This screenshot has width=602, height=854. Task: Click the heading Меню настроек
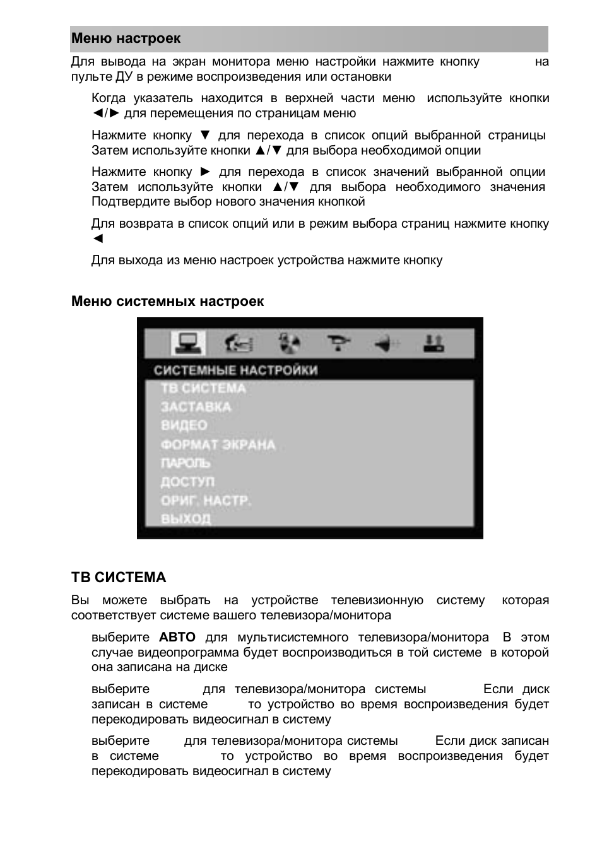(x=126, y=38)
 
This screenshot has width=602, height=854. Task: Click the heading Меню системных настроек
(x=167, y=301)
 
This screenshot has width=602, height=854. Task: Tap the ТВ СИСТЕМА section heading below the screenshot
(x=119, y=578)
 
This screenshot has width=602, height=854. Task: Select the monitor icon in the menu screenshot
(x=187, y=344)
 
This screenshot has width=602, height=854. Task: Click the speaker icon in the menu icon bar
(x=386, y=344)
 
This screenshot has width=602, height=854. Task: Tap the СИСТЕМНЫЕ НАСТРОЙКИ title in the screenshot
(x=235, y=370)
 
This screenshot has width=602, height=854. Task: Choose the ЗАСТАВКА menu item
(x=196, y=407)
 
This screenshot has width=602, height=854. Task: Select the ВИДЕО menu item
(x=184, y=425)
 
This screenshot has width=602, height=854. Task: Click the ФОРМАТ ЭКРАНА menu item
(x=218, y=445)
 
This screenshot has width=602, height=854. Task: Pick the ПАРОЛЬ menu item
(x=186, y=463)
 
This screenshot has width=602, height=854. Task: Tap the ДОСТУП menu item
(x=187, y=482)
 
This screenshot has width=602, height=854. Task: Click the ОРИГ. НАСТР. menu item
(x=206, y=501)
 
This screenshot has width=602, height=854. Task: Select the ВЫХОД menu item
(x=186, y=519)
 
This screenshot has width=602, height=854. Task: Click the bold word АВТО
(x=177, y=638)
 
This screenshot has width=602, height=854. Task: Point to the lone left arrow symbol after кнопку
(x=97, y=238)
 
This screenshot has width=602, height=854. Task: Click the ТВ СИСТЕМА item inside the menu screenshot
(x=203, y=389)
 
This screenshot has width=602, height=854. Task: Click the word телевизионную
(x=377, y=600)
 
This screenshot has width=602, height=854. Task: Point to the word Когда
(x=109, y=98)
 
